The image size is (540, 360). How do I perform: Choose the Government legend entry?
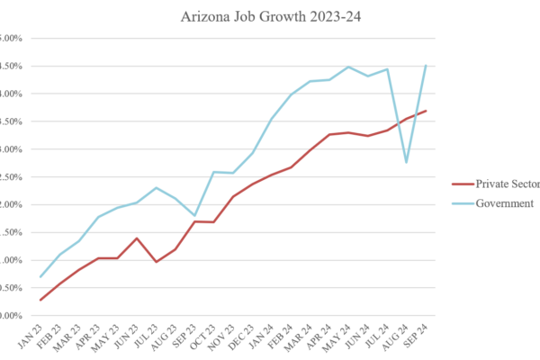coord(500,203)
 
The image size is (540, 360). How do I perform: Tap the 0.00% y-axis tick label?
coord(11,316)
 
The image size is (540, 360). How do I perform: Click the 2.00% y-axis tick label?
coord(11,204)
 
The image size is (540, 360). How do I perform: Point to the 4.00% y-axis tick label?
coord(11,94)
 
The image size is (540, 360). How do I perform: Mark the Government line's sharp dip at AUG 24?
coord(407,163)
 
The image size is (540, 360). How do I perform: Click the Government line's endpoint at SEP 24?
coord(426,65)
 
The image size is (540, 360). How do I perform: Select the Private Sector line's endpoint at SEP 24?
coord(426,111)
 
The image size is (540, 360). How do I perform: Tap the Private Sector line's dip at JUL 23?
coord(157,262)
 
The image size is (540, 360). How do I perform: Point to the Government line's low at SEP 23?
coord(195,216)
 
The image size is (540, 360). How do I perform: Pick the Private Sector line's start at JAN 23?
coord(41,301)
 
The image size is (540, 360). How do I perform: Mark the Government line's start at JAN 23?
coord(41,277)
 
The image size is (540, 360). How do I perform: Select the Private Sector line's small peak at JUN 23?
coord(137,238)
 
